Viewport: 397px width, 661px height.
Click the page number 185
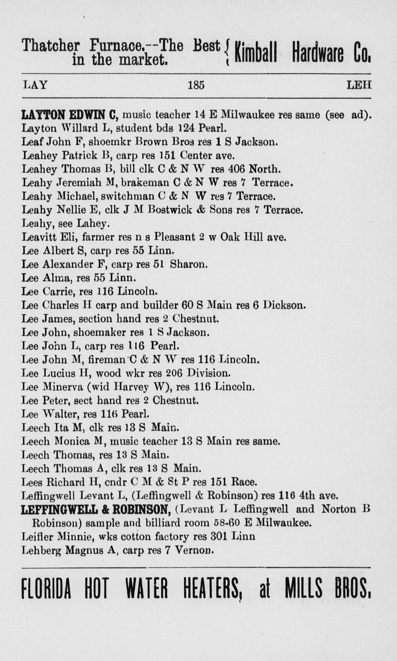[x=196, y=85]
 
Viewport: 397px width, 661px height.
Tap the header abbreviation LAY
[x=35, y=85]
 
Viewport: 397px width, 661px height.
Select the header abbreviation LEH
[x=359, y=85]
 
